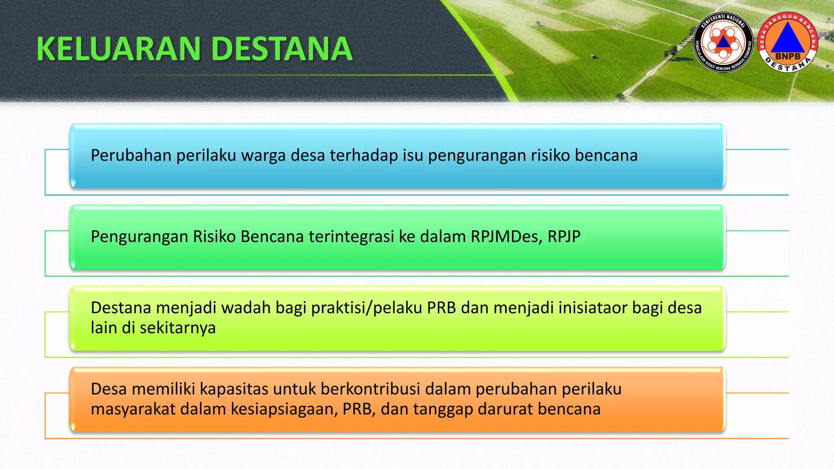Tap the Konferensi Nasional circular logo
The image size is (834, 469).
point(723,42)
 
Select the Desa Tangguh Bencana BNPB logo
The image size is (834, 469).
point(788,42)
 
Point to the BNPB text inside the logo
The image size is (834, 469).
point(788,56)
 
